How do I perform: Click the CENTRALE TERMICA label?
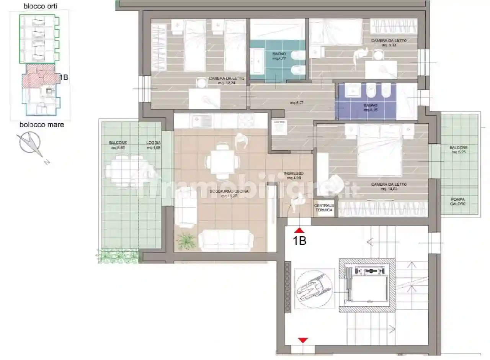pos(324,208)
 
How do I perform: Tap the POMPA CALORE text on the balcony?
pos(458,201)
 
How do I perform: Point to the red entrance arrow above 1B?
pos(299,231)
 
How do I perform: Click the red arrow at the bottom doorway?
pos(303,340)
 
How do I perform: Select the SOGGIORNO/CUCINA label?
pos(230,193)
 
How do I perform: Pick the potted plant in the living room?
pos(186,241)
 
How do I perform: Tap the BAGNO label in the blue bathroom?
pos(371,107)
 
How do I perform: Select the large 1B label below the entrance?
pos(299,241)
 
